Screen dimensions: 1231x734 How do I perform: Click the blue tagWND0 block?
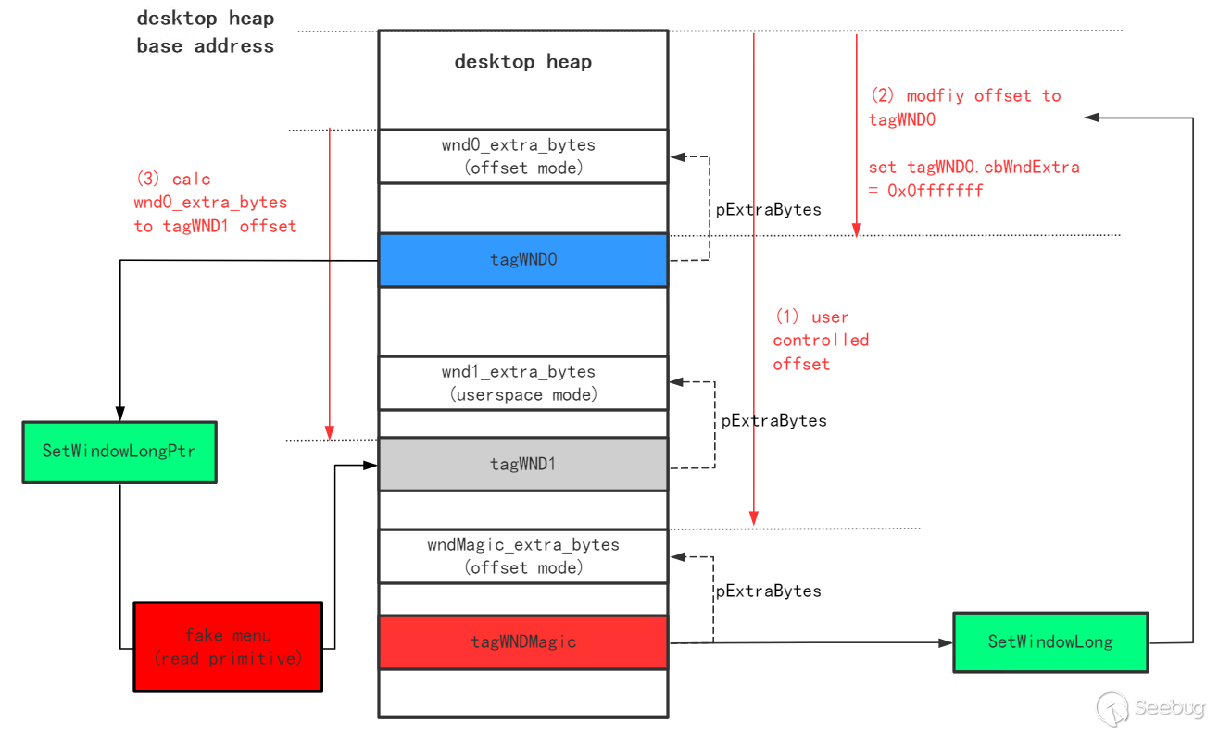[x=523, y=260]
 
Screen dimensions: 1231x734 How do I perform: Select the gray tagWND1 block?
[x=523, y=464]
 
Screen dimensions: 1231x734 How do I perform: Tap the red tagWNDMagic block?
[x=523, y=641]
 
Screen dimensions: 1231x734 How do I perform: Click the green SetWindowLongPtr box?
[x=119, y=452]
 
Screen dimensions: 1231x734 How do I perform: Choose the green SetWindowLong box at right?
[x=1050, y=641]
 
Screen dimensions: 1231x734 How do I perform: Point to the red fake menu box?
[x=228, y=647]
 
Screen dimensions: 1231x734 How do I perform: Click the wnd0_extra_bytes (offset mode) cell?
[x=523, y=156]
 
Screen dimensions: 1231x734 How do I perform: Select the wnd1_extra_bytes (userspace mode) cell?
[x=523, y=383]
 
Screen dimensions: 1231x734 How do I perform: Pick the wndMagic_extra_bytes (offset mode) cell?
[x=523, y=556]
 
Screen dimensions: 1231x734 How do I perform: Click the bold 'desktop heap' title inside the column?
[x=523, y=62]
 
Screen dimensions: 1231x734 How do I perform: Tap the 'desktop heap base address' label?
[x=205, y=31]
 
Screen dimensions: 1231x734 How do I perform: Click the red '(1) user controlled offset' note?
[x=821, y=341]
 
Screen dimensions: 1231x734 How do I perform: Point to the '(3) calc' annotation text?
[x=172, y=179]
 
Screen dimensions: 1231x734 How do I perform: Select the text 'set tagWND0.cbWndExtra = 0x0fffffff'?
[x=973, y=179]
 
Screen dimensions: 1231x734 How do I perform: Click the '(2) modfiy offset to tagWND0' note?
[x=965, y=107]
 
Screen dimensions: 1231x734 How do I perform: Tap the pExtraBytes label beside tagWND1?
[x=773, y=421]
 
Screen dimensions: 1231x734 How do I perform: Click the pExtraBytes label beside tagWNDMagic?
[x=768, y=591]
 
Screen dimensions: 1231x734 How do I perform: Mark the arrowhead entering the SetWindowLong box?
[x=945, y=642]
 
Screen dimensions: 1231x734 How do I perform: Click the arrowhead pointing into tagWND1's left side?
[x=371, y=466]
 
